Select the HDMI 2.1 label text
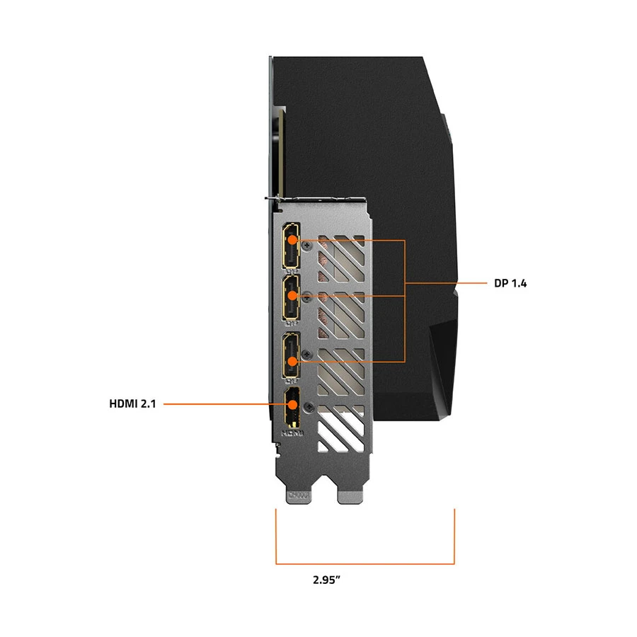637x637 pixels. (132, 404)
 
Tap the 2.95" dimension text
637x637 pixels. (326, 580)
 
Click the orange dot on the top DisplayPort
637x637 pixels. (292, 240)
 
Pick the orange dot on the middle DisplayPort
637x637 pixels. (292, 295)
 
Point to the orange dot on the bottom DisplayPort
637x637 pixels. (292, 361)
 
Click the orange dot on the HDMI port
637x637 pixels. (292, 404)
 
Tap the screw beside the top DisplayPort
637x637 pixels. (309, 245)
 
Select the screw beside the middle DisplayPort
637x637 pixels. (308, 298)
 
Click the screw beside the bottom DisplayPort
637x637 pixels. (309, 355)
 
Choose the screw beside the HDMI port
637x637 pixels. (309, 407)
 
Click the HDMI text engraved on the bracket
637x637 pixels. (292, 433)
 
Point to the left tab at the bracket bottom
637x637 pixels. (299, 497)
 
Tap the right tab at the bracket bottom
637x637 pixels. (350, 497)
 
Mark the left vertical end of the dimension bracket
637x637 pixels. (276, 536)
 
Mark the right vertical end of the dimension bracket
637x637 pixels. (454, 536)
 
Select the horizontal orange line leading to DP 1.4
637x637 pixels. (446, 282)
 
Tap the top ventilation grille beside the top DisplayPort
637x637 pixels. (341, 258)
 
